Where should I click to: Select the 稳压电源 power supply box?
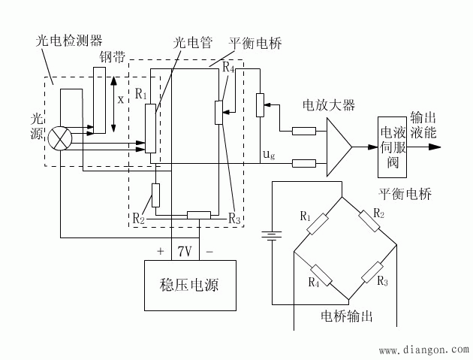(x=190, y=285)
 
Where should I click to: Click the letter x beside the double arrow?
(x=121, y=98)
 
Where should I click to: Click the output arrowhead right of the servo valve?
(x=435, y=147)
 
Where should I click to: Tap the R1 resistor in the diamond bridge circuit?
(x=318, y=223)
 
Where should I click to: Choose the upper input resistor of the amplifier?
(x=303, y=132)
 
